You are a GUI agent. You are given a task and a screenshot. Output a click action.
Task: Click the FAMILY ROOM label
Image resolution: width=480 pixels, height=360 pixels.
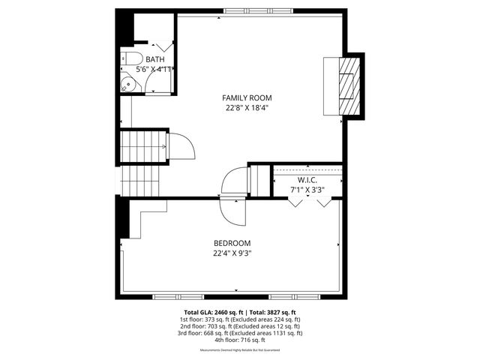tap(247, 97)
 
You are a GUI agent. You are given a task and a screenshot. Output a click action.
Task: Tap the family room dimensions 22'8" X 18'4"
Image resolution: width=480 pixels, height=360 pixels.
tap(247, 108)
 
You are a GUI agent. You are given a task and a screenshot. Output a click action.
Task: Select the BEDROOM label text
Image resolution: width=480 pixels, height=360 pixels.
tap(232, 243)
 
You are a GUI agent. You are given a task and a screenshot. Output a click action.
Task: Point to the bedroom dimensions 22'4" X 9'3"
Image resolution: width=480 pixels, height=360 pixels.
tap(232, 253)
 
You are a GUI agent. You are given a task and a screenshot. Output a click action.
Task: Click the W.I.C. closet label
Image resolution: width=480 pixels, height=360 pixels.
tap(307, 181)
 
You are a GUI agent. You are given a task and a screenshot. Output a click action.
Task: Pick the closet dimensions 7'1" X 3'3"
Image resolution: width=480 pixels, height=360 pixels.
tap(307, 190)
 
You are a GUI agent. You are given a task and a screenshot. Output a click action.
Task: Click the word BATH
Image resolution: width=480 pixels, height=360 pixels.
tap(155, 60)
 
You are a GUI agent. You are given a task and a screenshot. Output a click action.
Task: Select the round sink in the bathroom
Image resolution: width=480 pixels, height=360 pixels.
tap(130, 84)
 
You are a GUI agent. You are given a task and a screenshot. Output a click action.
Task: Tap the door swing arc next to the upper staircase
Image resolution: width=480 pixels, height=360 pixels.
tap(182, 145)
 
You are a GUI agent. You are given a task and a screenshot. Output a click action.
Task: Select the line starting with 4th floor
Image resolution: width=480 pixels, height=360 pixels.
tap(240, 340)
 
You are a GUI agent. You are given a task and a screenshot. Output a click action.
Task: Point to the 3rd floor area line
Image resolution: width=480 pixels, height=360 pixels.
tap(240, 333)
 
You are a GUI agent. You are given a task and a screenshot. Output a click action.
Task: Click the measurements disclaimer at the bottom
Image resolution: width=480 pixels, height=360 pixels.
tap(240, 350)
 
